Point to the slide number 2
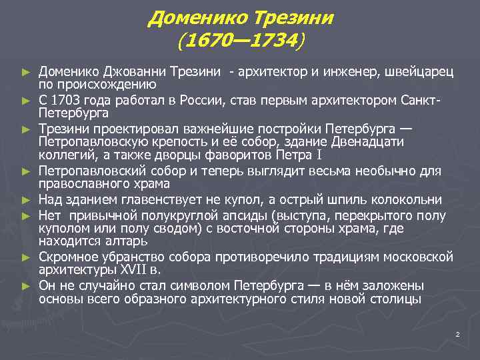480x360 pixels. coord(457,334)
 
